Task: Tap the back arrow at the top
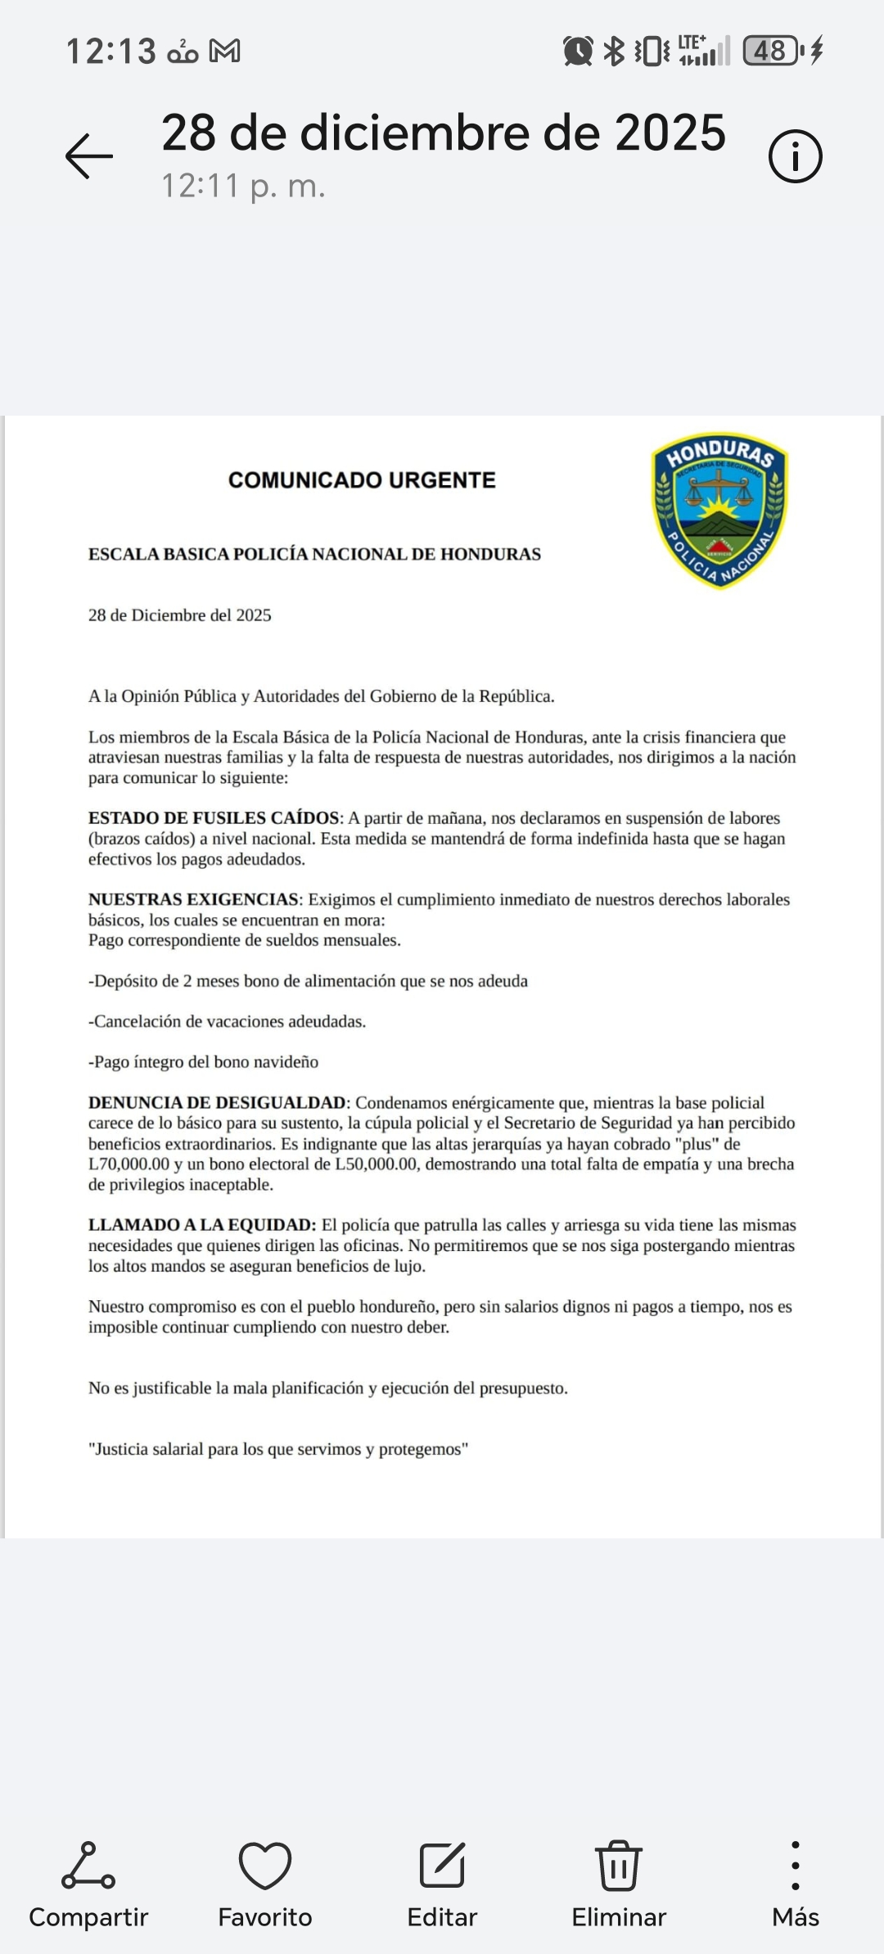pyautogui.click(x=89, y=155)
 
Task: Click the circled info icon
pyautogui.click(x=795, y=155)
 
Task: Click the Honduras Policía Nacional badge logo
pyautogui.click(x=719, y=511)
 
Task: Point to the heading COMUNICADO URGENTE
pyautogui.click(x=362, y=480)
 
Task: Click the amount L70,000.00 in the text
pyautogui.click(x=129, y=1164)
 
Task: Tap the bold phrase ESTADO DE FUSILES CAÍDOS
pyautogui.click(x=214, y=818)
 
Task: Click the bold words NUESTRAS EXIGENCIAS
pyautogui.click(x=193, y=900)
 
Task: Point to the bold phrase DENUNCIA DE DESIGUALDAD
pyautogui.click(x=217, y=1103)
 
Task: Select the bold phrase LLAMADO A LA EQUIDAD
pyautogui.click(x=202, y=1225)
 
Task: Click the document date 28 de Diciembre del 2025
pyautogui.click(x=180, y=615)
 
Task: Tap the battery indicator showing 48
pyautogui.click(x=770, y=52)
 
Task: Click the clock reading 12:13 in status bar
pyautogui.click(x=110, y=52)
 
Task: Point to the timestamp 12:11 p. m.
pyautogui.click(x=243, y=187)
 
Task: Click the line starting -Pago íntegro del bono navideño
pyautogui.click(x=203, y=1062)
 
